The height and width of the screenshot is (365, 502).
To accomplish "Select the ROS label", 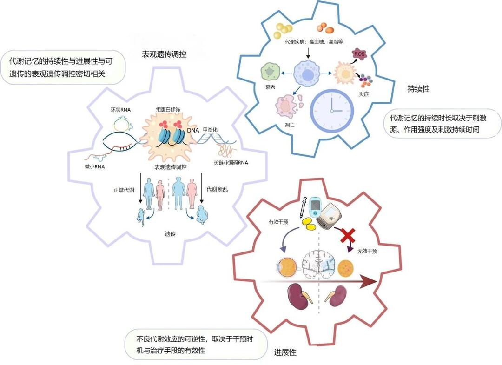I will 359,54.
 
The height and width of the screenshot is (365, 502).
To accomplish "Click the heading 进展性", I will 284,353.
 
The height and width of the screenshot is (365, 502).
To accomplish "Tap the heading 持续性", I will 418,89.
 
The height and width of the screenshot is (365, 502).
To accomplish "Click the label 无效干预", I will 367,251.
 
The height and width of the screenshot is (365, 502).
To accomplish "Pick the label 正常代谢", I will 123,190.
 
